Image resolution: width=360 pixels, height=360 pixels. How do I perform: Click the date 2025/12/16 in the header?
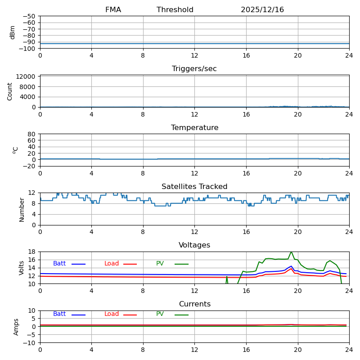coord(262,10)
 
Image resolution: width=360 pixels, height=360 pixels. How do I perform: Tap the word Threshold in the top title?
coord(175,10)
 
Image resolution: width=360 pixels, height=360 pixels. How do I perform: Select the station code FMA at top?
coord(113,10)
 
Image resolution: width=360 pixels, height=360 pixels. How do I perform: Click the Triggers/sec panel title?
coord(194,69)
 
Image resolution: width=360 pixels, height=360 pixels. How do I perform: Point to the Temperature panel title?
coord(194,128)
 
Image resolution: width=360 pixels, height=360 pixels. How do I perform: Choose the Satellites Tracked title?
coord(194,187)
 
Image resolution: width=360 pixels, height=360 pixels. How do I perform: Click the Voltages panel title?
coord(194,245)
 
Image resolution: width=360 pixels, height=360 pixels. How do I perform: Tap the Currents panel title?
coord(194,304)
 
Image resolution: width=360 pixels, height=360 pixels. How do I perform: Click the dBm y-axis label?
coord(13,32)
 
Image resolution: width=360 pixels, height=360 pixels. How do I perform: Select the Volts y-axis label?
coord(22,268)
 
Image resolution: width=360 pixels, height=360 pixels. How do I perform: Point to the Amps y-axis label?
coord(17,327)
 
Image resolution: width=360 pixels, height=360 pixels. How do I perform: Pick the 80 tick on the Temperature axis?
coord(31,134)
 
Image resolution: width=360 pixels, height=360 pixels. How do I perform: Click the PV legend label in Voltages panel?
coord(160,264)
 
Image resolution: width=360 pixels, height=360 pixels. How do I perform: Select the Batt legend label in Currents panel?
coord(59,314)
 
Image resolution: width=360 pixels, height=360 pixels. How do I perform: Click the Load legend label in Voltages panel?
coord(112,264)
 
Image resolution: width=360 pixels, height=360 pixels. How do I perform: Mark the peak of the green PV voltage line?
coord(291,252)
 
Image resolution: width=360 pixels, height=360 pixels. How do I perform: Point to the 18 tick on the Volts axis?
coord(31,252)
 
